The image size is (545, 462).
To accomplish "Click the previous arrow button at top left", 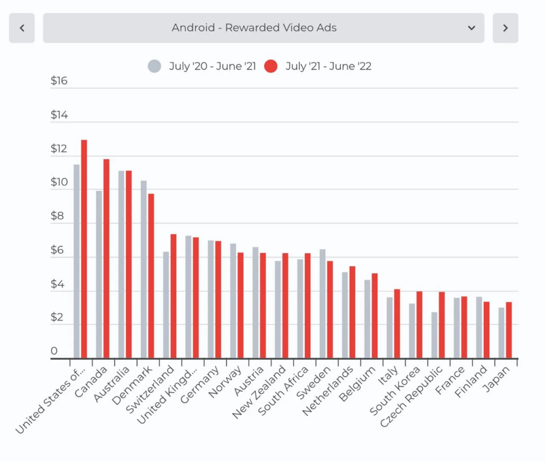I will [x=22, y=28].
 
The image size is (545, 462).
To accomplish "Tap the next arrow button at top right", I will [x=505, y=28].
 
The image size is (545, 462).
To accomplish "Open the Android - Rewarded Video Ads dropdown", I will [x=263, y=28].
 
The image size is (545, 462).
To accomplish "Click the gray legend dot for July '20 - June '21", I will [x=154, y=67].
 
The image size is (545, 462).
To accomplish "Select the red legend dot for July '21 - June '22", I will [x=271, y=67].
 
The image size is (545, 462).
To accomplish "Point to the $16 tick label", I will [x=59, y=81].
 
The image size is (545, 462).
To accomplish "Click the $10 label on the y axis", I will [x=59, y=182].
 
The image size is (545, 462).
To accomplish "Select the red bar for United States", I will [x=84, y=249].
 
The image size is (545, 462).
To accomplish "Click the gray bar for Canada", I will [x=99, y=274].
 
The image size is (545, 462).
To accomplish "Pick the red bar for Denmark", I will [x=151, y=275].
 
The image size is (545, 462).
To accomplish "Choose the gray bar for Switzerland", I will [x=166, y=305].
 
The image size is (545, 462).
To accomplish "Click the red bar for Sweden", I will [x=330, y=310].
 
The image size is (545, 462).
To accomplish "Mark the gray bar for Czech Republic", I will [x=434, y=335].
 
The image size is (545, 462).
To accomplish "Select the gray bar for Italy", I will [x=390, y=328].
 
